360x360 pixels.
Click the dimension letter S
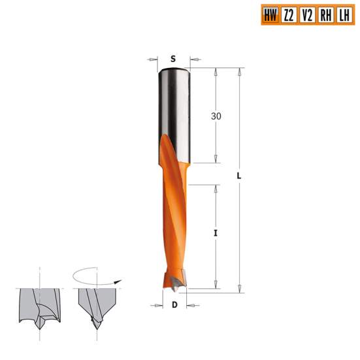[x=174, y=57]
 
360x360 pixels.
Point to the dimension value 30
[x=216, y=116]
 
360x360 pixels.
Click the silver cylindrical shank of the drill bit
[x=174, y=105]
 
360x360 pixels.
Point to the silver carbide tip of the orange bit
[x=175, y=283]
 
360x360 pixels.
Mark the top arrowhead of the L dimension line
[x=240, y=71]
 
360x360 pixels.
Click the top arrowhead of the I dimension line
[x=216, y=188]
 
